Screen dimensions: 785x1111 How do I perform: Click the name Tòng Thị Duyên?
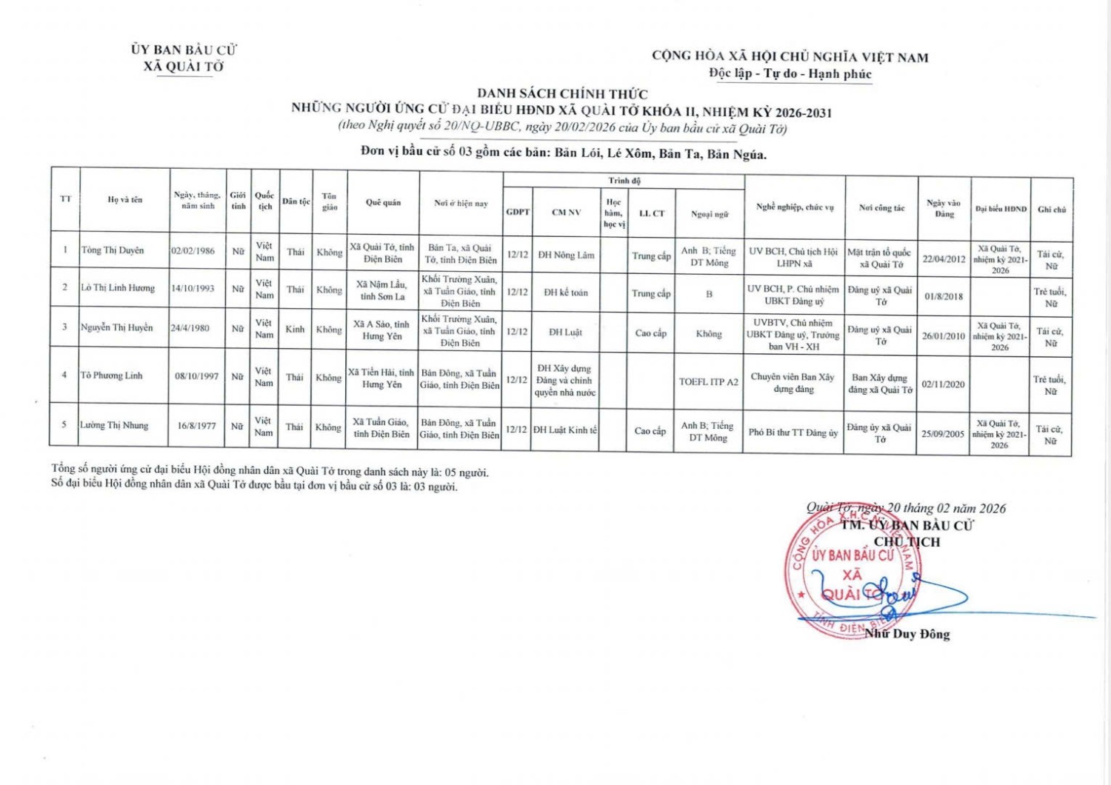pyautogui.click(x=113, y=250)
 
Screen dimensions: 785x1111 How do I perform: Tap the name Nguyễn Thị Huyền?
pyautogui.click(x=116, y=327)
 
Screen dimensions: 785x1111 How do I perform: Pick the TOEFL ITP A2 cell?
pyautogui.click(x=708, y=382)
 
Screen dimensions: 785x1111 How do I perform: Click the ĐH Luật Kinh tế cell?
pyautogui.click(x=564, y=430)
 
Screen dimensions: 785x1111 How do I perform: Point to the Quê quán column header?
pyautogui.click(x=383, y=202)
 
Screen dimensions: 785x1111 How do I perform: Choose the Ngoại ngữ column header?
pyautogui.click(x=709, y=214)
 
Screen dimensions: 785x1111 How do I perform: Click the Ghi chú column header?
pyautogui.click(x=1051, y=210)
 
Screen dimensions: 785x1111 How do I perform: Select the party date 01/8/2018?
pyautogui.click(x=944, y=296)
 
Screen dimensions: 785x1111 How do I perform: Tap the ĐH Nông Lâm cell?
pyautogui.click(x=566, y=255)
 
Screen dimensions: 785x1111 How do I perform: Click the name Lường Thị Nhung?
pyautogui.click(x=114, y=425)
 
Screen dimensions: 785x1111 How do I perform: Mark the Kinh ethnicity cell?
pyautogui.click(x=295, y=329)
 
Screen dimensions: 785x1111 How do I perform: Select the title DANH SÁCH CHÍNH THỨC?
pyautogui.click(x=562, y=94)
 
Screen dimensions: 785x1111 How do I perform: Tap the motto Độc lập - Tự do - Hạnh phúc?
pyautogui.click(x=790, y=73)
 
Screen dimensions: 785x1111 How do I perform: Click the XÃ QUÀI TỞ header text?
pyautogui.click(x=184, y=67)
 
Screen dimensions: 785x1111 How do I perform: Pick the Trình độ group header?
pyautogui.click(x=624, y=181)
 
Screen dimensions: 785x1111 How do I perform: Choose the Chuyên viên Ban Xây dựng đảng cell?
pyautogui.click(x=793, y=382)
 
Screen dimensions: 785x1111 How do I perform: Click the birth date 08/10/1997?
pyautogui.click(x=196, y=376)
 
